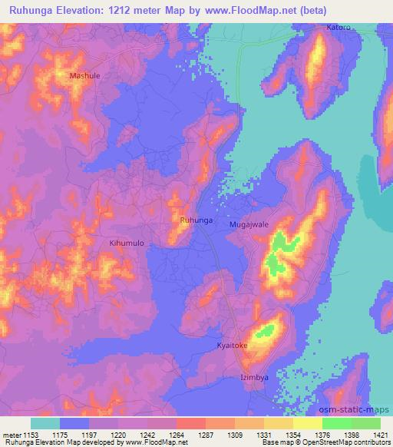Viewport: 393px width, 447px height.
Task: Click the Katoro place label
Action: point(338,27)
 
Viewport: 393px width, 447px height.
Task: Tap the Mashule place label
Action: point(84,76)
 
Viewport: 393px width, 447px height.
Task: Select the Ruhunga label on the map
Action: point(196,220)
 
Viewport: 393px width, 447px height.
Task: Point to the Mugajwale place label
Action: point(249,225)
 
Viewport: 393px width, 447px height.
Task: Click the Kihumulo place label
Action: point(127,243)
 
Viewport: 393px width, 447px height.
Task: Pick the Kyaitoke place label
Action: point(233,346)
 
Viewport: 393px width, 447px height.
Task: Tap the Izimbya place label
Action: point(255,379)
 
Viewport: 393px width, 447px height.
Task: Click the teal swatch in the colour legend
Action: point(45,423)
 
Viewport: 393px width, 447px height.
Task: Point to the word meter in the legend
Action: point(12,435)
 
